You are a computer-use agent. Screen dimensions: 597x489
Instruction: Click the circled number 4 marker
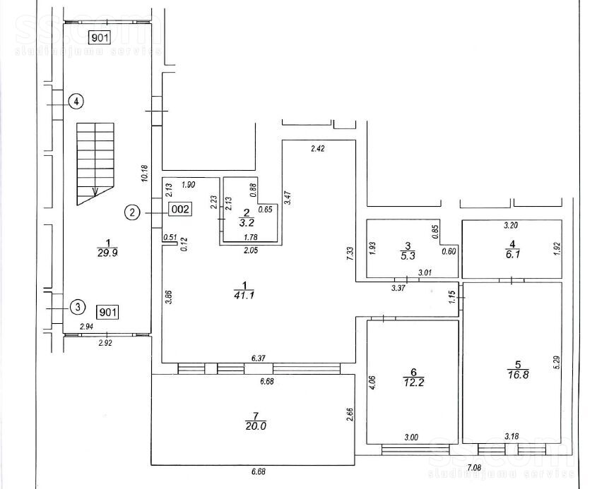coord(76,102)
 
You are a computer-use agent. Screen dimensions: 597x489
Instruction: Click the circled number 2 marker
coord(132,212)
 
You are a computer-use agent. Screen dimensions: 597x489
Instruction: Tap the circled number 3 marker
coord(78,307)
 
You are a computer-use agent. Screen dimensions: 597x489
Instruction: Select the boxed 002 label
coord(180,209)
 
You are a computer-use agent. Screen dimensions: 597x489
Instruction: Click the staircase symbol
coord(95,164)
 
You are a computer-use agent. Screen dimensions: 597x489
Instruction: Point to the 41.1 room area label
coord(244,294)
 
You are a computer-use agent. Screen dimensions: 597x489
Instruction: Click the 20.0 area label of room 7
coord(256,426)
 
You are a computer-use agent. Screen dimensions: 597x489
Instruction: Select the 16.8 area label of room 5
coord(518,375)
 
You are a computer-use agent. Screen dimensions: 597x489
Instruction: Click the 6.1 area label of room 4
coord(513,255)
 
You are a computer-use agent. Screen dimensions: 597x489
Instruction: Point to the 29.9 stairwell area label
coord(107,252)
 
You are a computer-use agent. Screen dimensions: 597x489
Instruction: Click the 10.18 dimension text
coord(144,174)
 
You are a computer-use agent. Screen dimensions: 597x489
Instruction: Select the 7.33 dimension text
coord(350,253)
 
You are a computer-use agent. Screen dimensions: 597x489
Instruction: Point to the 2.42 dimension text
coord(317,149)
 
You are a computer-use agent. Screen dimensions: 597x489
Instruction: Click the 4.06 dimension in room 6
coord(373,382)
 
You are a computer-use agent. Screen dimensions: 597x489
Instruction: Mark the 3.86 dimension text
coord(170,297)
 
